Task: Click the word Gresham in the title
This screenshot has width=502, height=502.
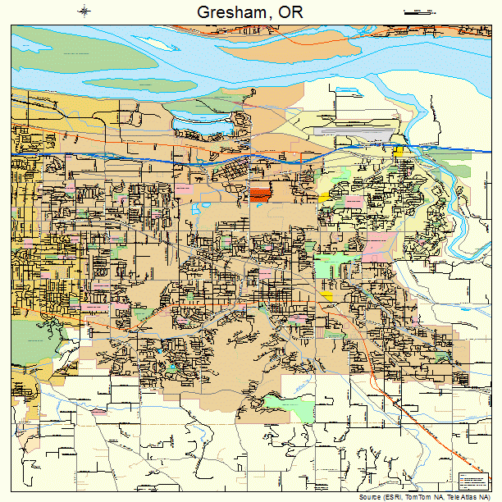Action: click(231, 12)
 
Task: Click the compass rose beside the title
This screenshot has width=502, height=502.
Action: click(84, 11)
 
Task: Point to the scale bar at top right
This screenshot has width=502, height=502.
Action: click(418, 12)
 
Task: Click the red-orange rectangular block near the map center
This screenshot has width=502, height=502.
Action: click(260, 194)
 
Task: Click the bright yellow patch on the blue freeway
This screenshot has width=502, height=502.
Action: click(398, 151)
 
